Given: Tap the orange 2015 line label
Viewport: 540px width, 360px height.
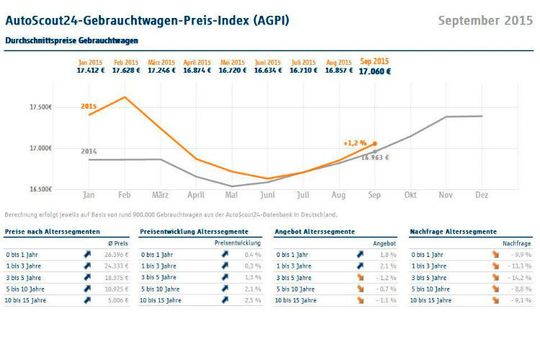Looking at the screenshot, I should click(x=89, y=105).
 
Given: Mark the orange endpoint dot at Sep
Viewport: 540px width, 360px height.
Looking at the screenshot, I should click(x=375, y=143).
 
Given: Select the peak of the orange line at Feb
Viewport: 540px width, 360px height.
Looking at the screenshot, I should click(x=124, y=97).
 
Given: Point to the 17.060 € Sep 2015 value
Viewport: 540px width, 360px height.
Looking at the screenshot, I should click(x=374, y=72).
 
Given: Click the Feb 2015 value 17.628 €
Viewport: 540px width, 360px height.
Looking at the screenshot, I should click(x=125, y=71).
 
